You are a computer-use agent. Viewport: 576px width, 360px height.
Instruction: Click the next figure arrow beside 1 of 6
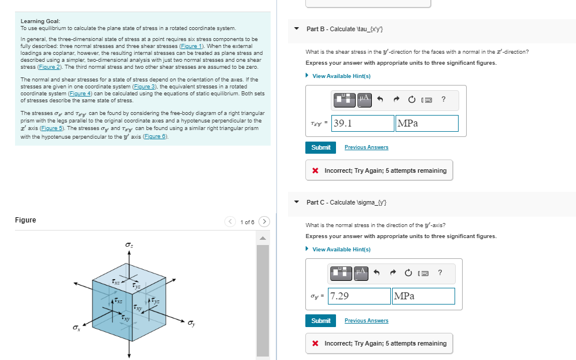(264, 221)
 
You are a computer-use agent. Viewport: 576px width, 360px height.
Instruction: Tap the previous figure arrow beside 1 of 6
(231, 221)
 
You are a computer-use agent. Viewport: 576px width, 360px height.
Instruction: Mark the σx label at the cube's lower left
(76, 328)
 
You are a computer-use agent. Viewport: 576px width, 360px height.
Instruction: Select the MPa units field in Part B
(427, 123)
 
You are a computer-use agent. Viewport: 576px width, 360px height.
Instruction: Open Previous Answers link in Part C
(366, 321)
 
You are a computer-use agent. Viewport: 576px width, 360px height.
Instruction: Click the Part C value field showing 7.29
(359, 296)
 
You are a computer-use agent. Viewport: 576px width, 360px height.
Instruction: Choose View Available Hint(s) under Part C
(341, 250)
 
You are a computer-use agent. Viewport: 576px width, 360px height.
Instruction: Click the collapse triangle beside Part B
(297, 29)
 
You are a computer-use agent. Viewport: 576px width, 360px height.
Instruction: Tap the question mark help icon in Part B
(443, 99)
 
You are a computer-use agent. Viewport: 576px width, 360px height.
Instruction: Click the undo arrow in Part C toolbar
(378, 272)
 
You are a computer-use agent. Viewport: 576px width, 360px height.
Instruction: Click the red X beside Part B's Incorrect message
(315, 171)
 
